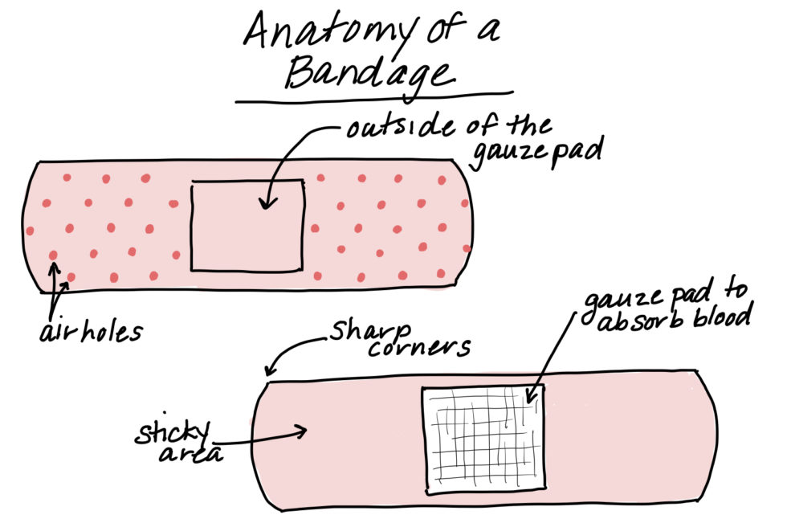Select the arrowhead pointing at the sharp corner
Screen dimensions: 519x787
click(269, 371)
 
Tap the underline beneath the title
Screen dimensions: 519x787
click(373, 100)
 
